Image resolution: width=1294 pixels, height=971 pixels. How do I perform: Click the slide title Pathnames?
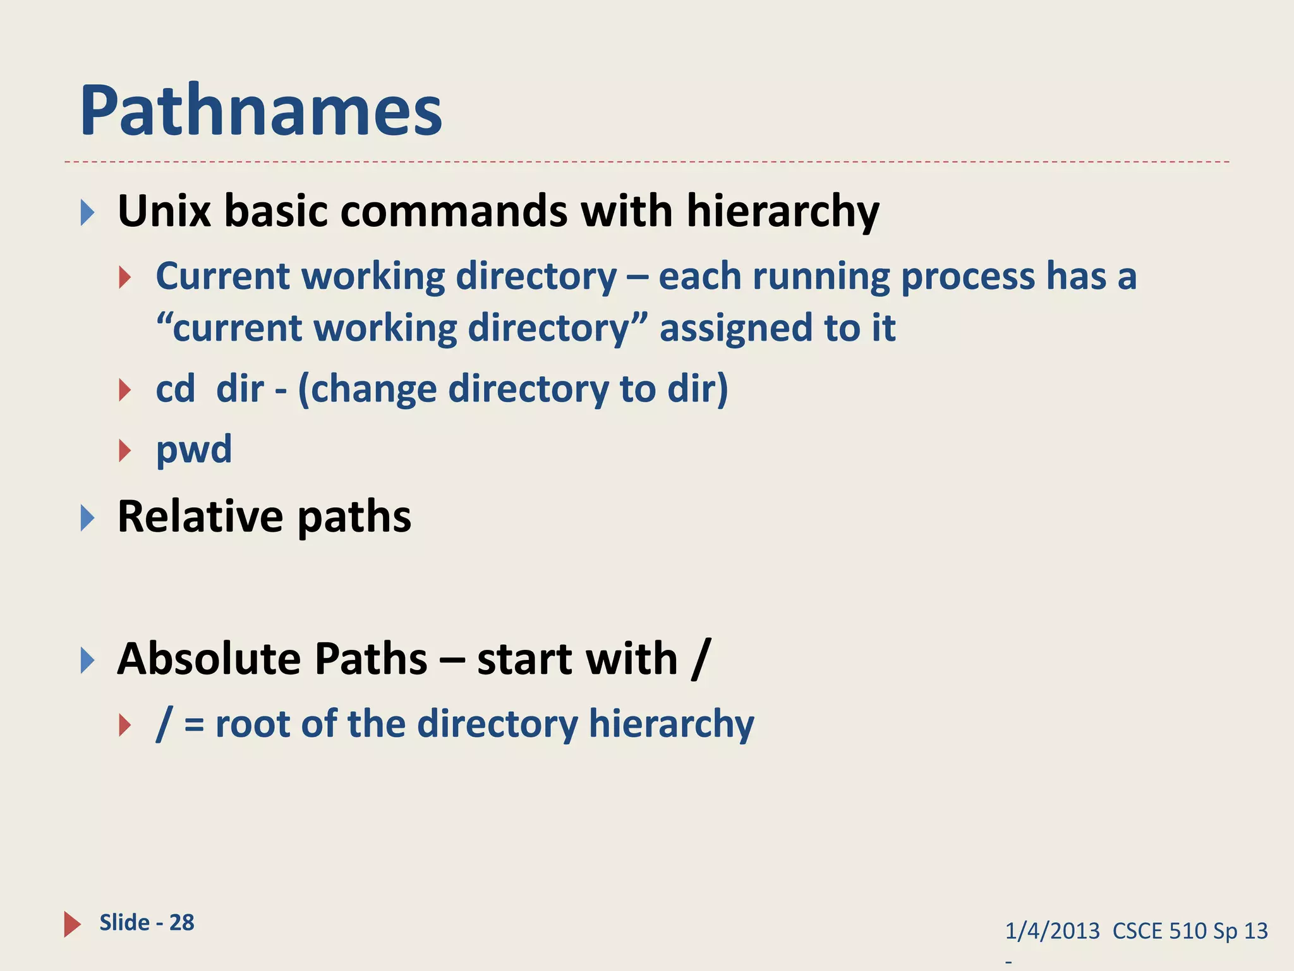click(x=260, y=112)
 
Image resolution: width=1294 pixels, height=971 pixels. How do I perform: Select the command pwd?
click(x=194, y=450)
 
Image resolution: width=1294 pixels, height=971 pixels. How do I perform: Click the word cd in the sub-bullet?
click(x=175, y=389)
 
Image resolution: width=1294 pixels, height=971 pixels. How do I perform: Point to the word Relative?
click(x=200, y=516)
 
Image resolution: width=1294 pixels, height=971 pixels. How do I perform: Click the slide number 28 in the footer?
click(x=182, y=922)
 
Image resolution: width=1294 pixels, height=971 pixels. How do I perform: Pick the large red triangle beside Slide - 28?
click(x=72, y=924)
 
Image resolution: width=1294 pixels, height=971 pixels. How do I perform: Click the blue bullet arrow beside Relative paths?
click(x=87, y=518)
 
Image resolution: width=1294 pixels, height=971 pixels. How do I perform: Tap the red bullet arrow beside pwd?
click(x=124, y=451)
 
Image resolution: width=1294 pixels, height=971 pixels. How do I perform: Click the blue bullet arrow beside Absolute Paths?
click(x=87, y=661)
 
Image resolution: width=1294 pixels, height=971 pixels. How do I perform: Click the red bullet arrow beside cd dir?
click(x=124, y=390)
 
